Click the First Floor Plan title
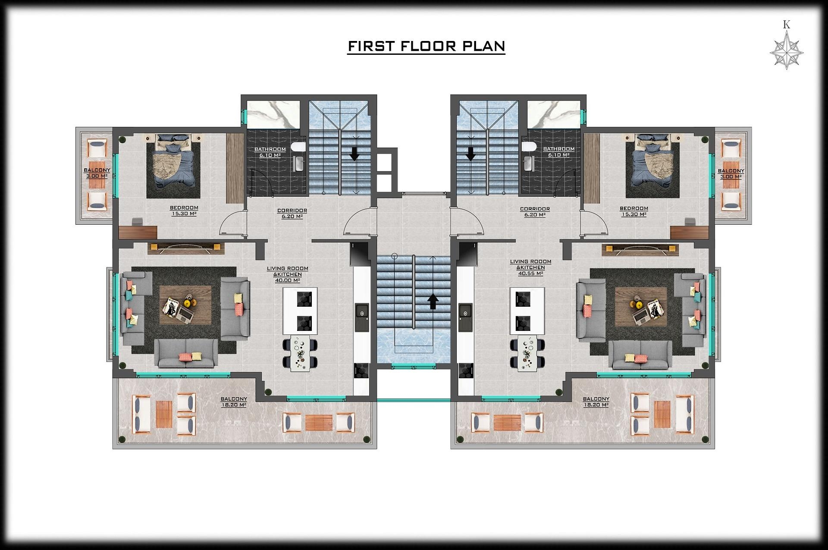426,46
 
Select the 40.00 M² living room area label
288,280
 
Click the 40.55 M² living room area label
530,273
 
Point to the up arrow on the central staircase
433,302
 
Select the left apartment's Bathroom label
270,149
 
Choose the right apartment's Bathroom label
558,149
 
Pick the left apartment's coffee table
185,305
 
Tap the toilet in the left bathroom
298,147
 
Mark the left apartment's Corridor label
292,211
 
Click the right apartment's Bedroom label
634,208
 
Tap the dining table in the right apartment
527,353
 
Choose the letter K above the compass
787,25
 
